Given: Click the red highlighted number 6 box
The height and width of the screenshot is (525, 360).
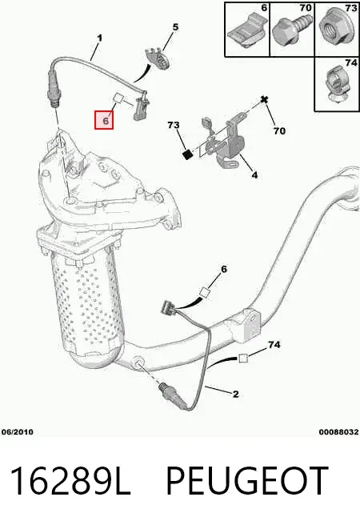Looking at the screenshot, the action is click(x=104, y=120).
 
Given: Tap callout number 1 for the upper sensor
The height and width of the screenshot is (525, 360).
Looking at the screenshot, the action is click(x=99, y=38).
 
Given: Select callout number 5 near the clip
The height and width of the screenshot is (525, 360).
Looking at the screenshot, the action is click(x=175, y=27).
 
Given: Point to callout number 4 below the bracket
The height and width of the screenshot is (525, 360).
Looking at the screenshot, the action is click(x=254, y=174).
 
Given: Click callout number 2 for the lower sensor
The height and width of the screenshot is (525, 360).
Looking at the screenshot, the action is click(x=236, y=394).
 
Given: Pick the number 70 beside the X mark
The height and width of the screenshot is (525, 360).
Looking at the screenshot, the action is click(x=279, y=130).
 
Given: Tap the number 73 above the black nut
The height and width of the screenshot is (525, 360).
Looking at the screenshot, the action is click(x=174, y=125).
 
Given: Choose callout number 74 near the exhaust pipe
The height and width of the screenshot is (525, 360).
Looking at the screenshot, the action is click(x=274, y=344).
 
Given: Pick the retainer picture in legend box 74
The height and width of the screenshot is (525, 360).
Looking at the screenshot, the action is click(x=337, y=85).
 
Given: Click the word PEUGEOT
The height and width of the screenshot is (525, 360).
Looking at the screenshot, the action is click(x=246, y=480).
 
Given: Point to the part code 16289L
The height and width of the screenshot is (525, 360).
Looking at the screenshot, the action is click(x=70, y=480).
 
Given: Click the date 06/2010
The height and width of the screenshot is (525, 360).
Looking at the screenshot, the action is click(x=18, y=432).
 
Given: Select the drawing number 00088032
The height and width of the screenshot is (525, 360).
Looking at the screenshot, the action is click(x=338, y=432).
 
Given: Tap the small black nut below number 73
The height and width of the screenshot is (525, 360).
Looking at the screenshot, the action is click(x=189, y=154).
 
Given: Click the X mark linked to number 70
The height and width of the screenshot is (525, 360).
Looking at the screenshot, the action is click(x=266, y=99).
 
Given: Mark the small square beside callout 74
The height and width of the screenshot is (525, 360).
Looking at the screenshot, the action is click(x=243, y=358).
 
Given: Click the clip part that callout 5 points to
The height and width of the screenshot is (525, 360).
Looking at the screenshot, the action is click(x=158, y=58).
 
